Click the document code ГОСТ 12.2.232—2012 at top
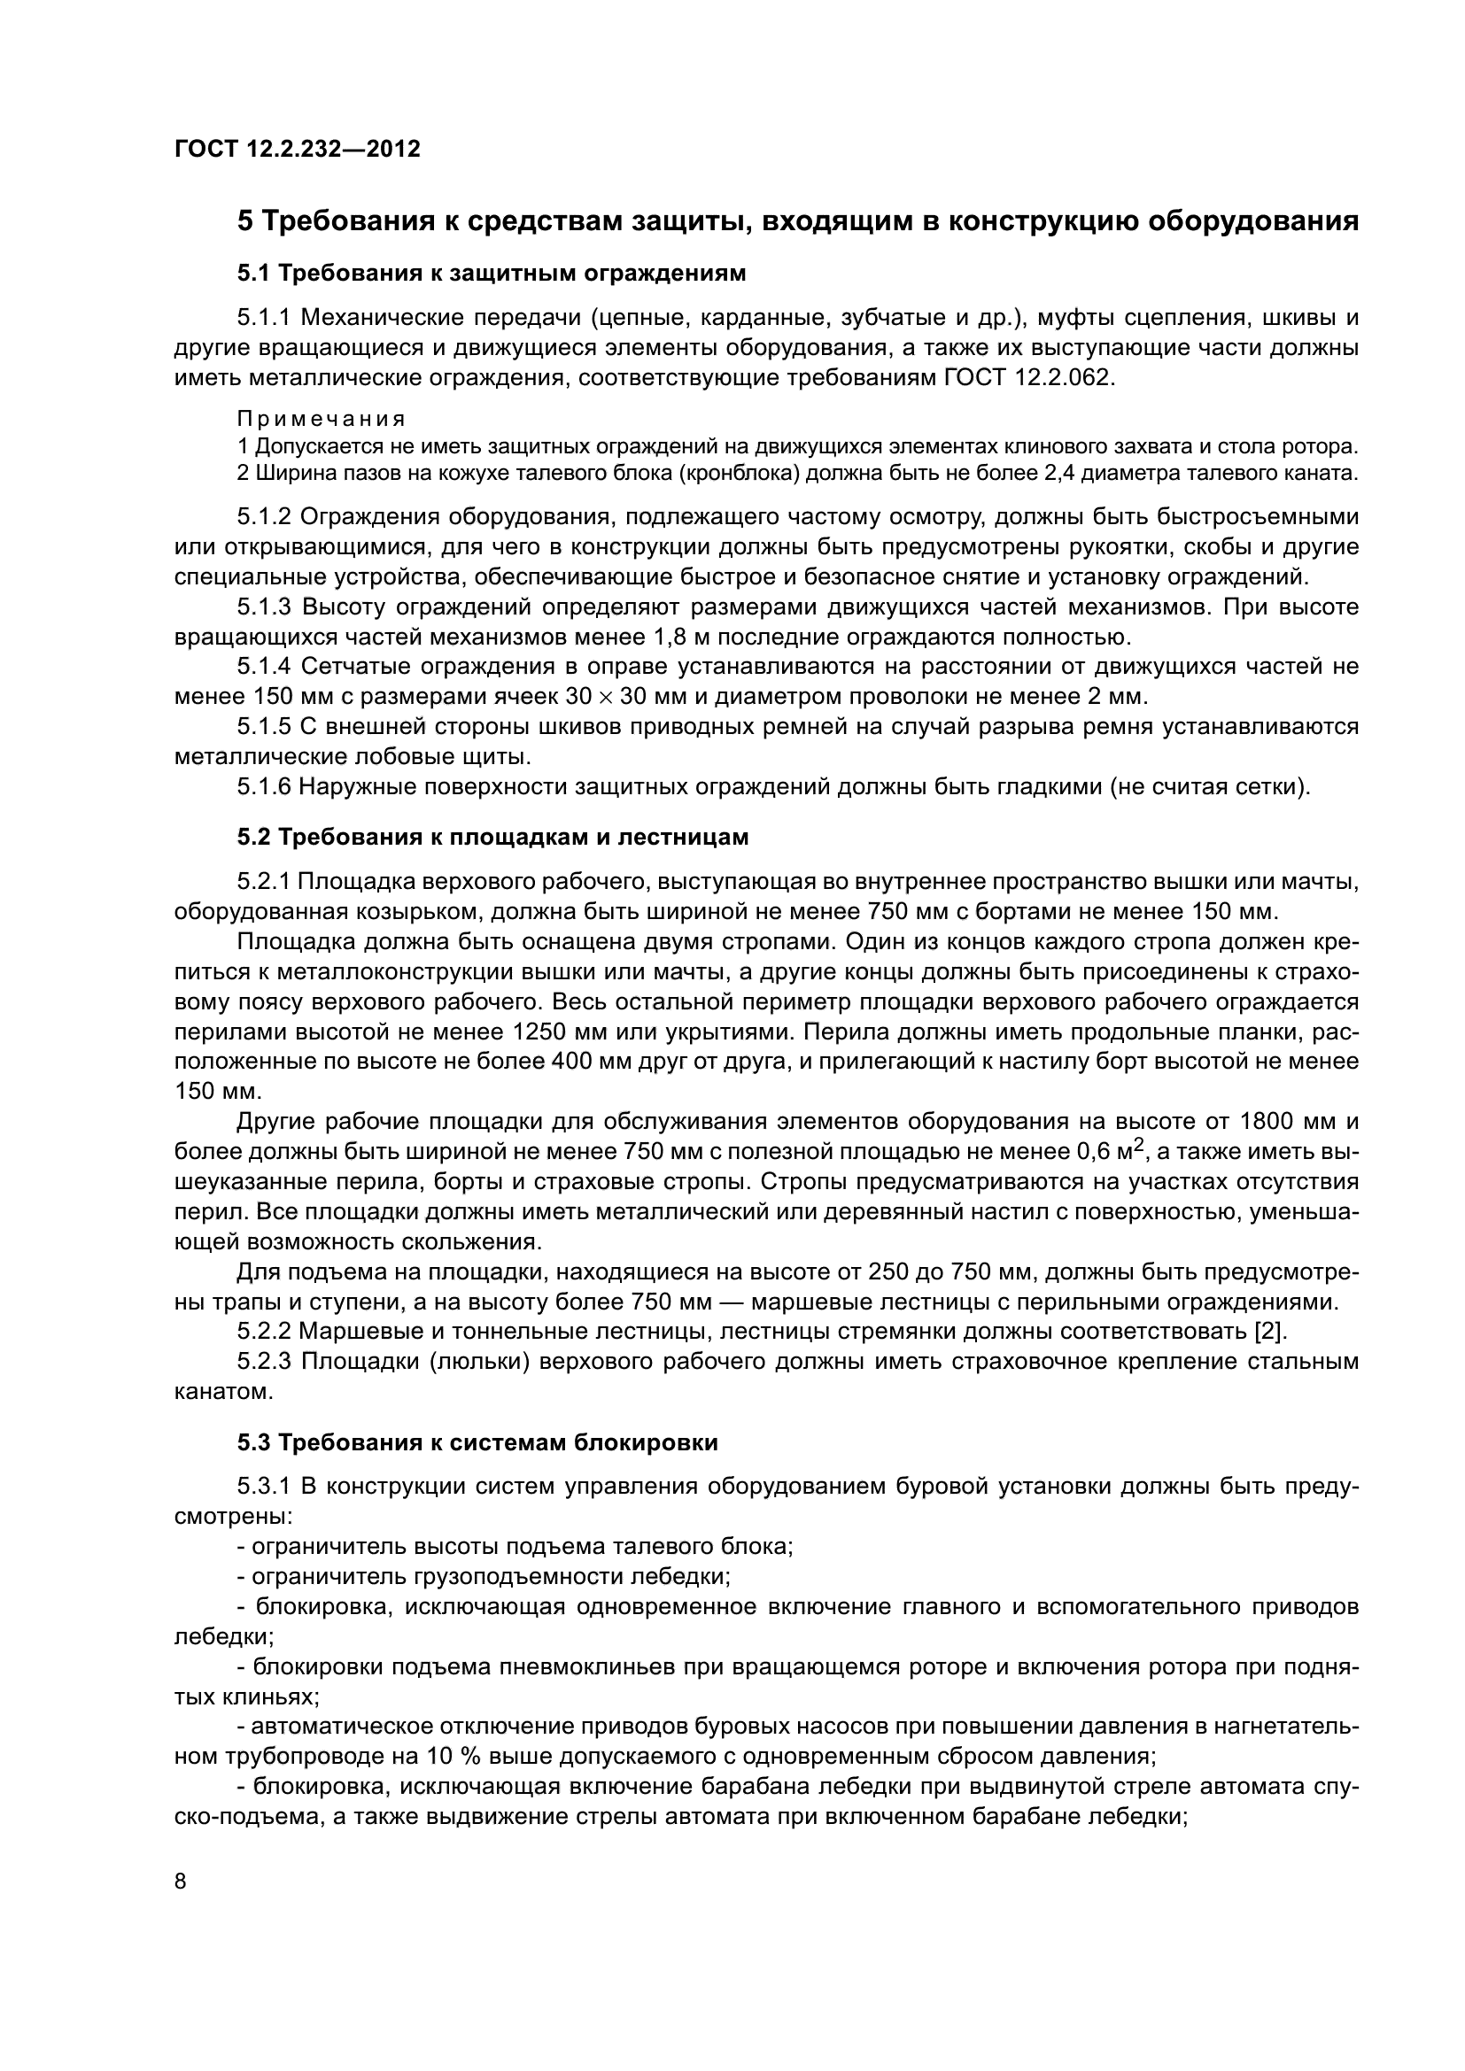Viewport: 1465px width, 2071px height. pos(297,149)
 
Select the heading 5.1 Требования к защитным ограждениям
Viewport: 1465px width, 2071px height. pos(492,272)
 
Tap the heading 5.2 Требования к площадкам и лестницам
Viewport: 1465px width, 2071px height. pos(492,837)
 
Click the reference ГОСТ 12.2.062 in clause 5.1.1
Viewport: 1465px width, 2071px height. pos(1027,377)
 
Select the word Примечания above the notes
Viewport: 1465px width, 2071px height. pos(322,419)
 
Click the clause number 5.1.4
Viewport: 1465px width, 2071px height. pos(265,667)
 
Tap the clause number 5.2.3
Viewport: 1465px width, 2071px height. pos(265,1361)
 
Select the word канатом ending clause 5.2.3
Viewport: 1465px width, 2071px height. pos(222,1391)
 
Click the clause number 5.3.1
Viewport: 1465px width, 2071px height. pos(265,1487)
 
